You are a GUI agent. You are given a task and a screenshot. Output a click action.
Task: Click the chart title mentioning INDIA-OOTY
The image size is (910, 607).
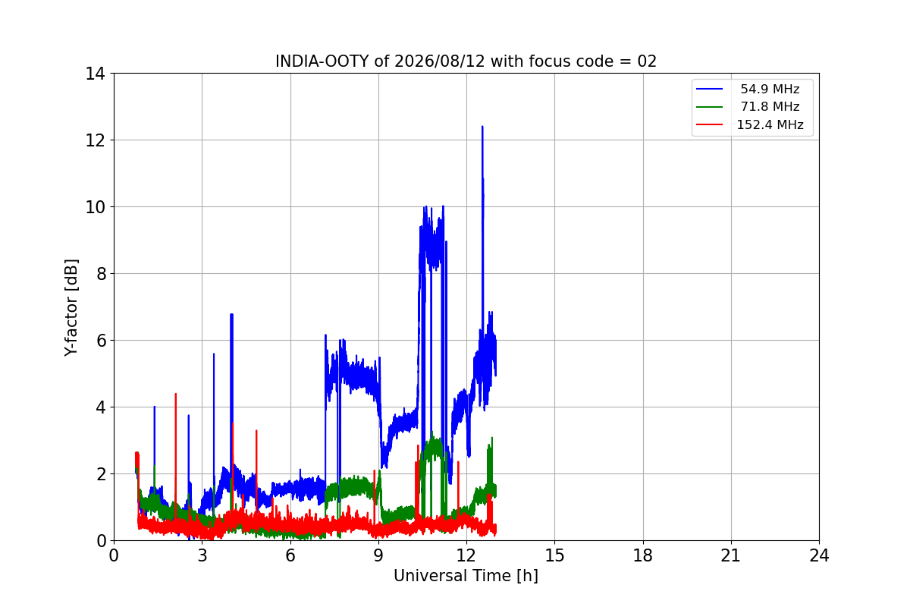[466, 61]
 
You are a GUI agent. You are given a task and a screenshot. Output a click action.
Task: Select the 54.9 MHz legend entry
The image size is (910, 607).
[749, 89]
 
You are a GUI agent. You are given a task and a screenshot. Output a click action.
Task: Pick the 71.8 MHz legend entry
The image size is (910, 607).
[749, 106]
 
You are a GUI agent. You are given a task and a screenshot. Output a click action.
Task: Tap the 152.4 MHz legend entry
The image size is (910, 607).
[749, 124]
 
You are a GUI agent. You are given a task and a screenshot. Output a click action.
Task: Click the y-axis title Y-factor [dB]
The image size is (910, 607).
[71, 308]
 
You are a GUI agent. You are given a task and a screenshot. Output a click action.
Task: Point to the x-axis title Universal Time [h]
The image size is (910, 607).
[466, 576]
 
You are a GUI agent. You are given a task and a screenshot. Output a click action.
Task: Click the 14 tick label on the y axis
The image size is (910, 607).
[95, 74]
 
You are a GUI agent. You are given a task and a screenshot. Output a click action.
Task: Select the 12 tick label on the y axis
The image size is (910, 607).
[95, 140]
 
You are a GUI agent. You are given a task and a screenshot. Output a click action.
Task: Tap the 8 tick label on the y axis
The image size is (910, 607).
[100, 274]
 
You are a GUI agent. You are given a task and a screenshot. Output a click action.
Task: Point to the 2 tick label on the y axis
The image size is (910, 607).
[100, 474]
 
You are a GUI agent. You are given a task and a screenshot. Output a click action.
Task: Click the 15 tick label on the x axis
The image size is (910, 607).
[554, 555]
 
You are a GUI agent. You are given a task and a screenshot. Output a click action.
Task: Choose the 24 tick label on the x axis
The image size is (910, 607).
[819, 555]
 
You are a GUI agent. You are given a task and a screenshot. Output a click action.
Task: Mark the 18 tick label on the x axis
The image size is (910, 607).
[643, 555]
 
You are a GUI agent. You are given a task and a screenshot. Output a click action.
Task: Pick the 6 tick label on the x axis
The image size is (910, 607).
[290, 555]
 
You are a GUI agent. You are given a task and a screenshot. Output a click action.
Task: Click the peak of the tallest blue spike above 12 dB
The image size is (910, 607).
[482, 127]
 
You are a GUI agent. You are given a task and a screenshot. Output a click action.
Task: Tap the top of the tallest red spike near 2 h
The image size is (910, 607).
[175, 394]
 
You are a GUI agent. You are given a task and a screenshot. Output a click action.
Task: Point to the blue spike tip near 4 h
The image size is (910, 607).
[231, 314]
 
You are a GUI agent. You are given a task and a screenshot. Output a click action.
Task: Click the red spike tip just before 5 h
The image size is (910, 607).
[256, 430]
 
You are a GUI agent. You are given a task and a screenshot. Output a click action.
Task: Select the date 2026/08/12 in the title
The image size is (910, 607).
[440, 61]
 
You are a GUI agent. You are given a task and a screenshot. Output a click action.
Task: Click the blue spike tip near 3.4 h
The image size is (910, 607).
[214, 354]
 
